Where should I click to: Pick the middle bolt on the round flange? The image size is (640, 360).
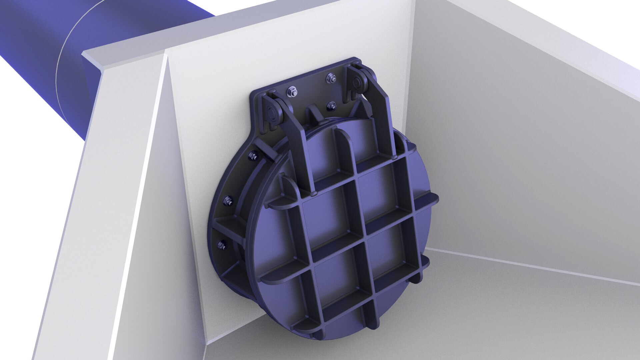228,201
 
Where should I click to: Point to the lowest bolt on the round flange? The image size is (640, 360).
222,246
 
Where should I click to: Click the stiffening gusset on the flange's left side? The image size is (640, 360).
230,227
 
